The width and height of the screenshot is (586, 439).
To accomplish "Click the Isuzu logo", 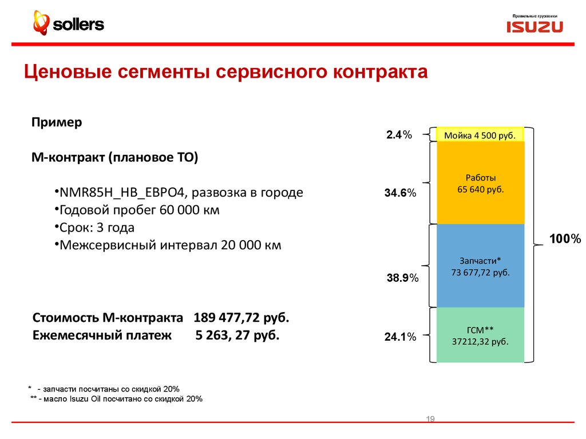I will [534, 26].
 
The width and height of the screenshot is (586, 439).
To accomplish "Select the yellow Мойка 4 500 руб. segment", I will [480, 135].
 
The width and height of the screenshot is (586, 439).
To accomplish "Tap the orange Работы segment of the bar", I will [480, 183].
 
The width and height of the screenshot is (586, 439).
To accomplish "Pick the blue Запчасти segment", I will [480, 266].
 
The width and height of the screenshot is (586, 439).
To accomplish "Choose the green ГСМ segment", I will [480, 335].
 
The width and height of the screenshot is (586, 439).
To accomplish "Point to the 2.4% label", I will [399, 135].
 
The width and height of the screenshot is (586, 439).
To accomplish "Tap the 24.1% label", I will [399, 337].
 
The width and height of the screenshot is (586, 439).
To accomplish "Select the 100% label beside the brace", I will [565, 239].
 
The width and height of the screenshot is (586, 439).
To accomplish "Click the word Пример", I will [57, 122].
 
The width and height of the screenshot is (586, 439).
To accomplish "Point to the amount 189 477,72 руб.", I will [241, 317].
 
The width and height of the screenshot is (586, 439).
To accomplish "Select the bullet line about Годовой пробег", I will [137, 210].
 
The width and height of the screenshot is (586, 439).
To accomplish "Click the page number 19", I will [430, 420].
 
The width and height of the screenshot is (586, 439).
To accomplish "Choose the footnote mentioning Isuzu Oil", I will [117, 399].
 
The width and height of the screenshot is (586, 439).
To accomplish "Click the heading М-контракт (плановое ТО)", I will [114, 157].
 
